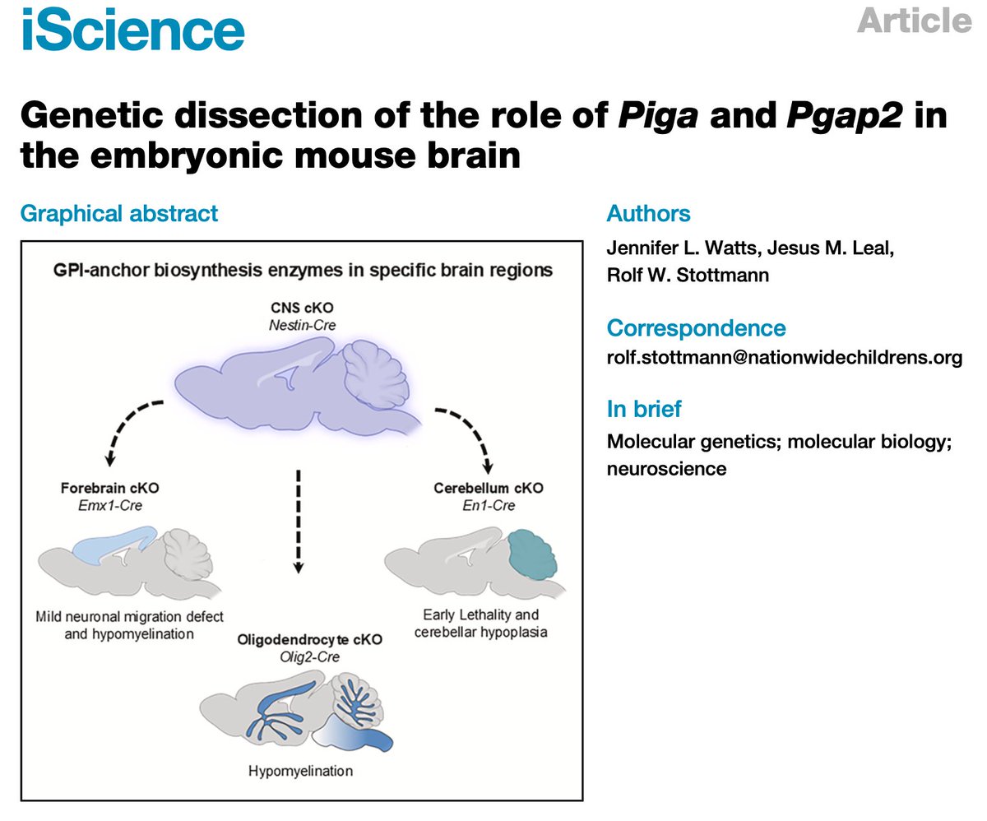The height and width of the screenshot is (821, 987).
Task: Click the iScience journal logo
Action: click(x=132, y=29)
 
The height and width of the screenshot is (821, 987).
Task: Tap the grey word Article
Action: click(x=914, y=21)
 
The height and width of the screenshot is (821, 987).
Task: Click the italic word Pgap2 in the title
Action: click(x=844, y=115)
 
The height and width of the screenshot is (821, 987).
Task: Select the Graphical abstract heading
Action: click(x=119, y=214)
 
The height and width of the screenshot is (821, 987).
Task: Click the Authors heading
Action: click(x=648, y=213)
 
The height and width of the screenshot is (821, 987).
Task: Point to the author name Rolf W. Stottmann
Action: click(x=688, y=276)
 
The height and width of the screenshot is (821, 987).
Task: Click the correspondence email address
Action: click(x=784, y=358)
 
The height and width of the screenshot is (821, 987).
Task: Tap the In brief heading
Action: click(x=644, y=409)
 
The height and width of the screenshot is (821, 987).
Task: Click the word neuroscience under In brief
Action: click(x=666, y=469)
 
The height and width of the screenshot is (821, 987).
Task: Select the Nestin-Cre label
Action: click(x=303, y=326)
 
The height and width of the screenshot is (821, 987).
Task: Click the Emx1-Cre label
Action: click(x=110, y=506)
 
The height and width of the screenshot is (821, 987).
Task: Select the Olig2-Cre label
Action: click(x=309, y=657)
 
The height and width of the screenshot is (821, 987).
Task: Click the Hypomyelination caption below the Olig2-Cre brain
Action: click(x=301, y=772)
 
